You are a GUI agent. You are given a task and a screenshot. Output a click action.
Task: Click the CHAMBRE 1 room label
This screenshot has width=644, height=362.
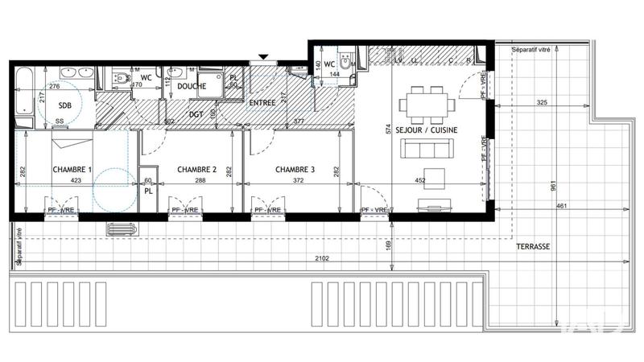tap(72, 170)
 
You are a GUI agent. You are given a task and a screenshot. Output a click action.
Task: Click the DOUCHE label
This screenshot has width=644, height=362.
tap(192, 86)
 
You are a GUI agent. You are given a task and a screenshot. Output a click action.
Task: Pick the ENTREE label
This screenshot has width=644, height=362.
tap(262, 103)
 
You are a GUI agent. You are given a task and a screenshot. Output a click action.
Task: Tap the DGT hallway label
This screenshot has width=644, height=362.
tap(196, 114)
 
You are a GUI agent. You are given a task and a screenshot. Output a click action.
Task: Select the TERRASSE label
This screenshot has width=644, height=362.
tap(533, 247)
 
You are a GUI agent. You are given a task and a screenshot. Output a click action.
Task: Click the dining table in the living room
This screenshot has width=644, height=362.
tap(427, 104)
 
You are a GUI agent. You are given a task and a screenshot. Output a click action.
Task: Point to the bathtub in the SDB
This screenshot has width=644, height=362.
tap(22, 98)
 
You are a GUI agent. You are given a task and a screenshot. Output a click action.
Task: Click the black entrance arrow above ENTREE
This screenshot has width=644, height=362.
tap(263, 57)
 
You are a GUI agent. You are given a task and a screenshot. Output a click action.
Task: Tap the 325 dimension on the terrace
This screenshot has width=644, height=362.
tap(541, 104)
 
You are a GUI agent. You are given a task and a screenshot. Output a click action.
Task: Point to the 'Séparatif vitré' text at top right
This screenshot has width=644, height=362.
tap(531, 51)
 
